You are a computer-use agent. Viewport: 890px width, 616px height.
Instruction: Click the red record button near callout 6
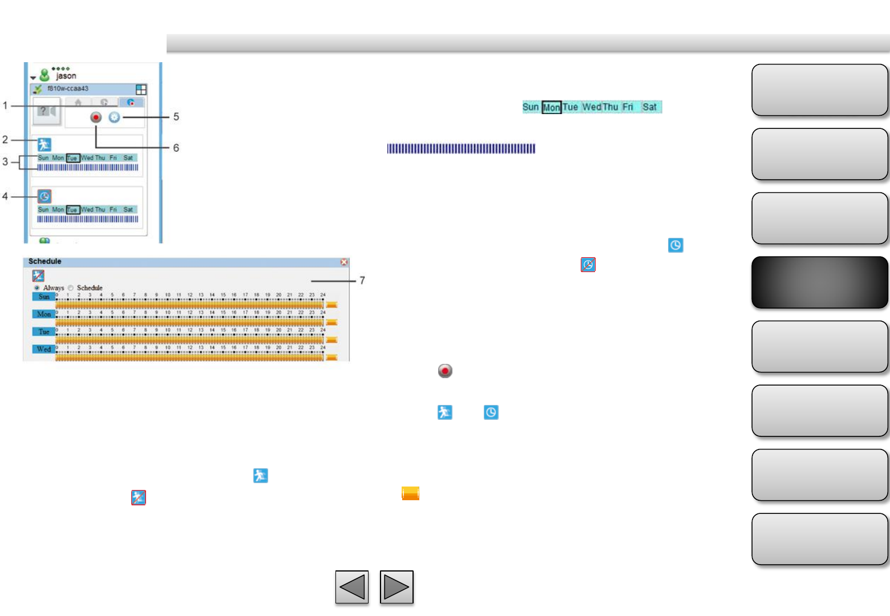click(96, 117)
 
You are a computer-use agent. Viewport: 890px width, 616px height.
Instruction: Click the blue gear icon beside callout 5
click(115, 117)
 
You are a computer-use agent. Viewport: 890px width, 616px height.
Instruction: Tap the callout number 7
click(362, 280)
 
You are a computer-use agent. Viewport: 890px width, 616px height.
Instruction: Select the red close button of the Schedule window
click(344, 262)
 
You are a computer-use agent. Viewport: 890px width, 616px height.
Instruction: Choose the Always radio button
click(37, 288)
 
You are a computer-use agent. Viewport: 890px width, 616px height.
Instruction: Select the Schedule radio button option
click(71, 288)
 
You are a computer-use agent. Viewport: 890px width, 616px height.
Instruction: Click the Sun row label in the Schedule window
click(44, 297)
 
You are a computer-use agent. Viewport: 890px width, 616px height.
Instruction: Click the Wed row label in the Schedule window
click(44, 349)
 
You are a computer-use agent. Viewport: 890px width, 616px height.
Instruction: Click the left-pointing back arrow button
click(352, 587)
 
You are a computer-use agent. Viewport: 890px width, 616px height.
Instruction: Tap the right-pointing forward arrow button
click(397, 587)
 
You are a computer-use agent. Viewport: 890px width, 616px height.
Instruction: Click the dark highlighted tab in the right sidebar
click(820, 282)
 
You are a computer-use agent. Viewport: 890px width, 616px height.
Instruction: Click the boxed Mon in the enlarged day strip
click(551, 107)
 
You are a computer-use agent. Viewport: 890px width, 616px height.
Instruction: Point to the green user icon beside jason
click(44, 75)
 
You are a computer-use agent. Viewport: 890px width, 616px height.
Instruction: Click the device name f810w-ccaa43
click(68, 89)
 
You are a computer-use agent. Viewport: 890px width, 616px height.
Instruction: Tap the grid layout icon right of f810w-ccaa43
click(141, 90)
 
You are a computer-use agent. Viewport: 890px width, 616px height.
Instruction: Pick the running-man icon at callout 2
click(44, 144)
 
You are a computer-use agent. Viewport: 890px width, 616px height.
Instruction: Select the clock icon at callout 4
click(44, 196)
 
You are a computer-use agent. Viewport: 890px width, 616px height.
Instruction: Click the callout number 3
click(5, 162)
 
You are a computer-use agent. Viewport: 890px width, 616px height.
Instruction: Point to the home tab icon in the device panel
click(78, 103)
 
